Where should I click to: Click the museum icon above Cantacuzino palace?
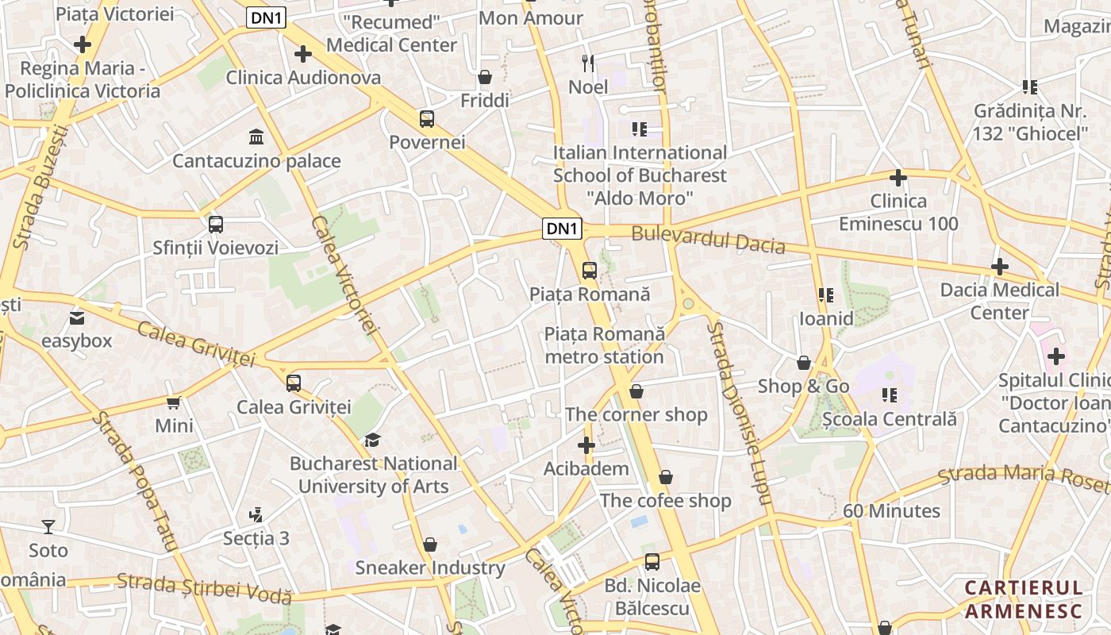point(256,137)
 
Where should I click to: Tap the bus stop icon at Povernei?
point(427,119)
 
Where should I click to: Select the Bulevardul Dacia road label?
point(708,241)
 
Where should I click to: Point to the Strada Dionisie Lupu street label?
point(738,413)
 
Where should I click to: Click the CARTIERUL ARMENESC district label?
point(1024,599)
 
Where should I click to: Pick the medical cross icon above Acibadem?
point(586,445)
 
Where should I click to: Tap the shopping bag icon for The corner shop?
point(636,391)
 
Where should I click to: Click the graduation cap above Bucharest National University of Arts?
point(372,440)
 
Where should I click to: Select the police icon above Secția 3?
point(256,515)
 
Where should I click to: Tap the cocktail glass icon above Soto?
point(48,527)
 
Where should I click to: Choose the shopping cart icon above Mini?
point(174,402)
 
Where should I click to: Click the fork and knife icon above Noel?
point(588,63)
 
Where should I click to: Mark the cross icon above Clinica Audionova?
point(302,54)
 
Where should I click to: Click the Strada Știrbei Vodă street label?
point(204,587)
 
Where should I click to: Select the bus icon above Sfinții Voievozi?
point(216,225)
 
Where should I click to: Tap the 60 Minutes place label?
point(891,510)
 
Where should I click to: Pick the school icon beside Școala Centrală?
point(889,394)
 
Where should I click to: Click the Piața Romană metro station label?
point(604,345)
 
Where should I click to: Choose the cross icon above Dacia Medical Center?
point(999,267)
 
